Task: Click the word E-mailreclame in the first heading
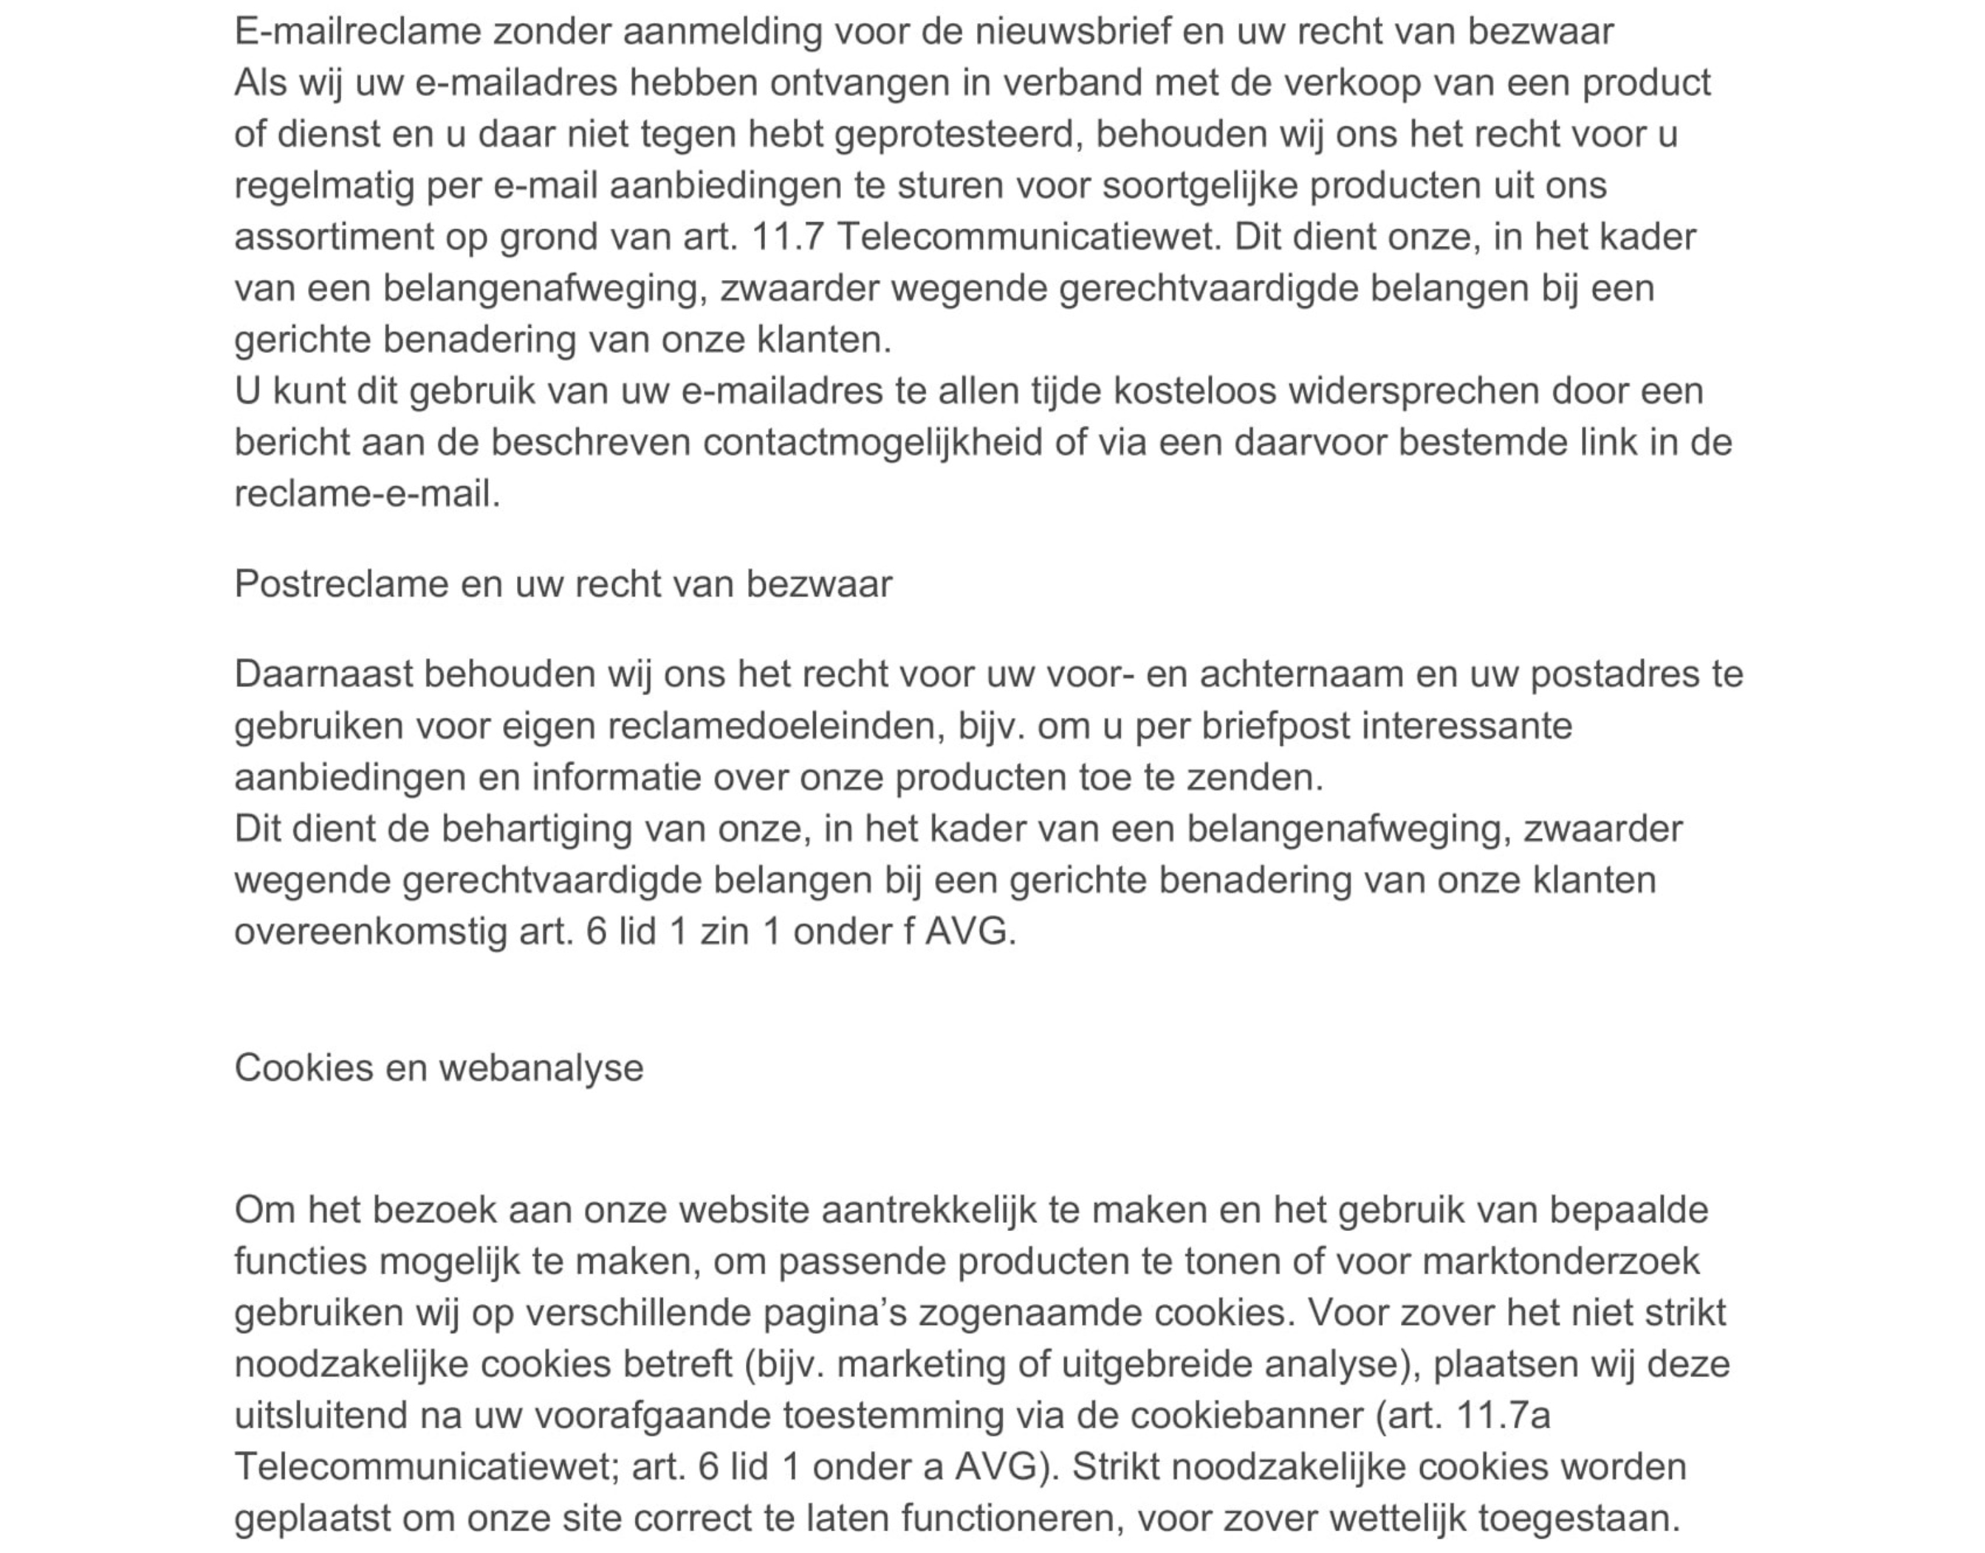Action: (x=357, y=32)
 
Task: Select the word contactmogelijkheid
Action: (x=872, y=443)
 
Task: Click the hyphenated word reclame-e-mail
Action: (x=366, y=495)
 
